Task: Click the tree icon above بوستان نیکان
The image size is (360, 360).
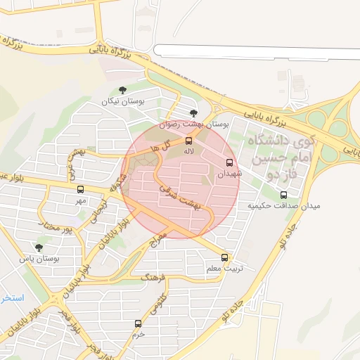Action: tap(123, 90)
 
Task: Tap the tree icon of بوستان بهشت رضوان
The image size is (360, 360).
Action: tap(193, 112)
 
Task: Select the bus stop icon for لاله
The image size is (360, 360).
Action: tap(188, 141)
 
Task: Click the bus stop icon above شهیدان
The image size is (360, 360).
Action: tap(229, 162)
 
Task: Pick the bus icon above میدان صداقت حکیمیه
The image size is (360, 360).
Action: tap(283, 195)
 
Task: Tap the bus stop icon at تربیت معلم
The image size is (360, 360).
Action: tap(225, 257)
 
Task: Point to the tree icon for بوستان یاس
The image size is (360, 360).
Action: tap(39, 247)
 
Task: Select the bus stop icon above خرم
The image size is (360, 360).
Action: tap(138, 323)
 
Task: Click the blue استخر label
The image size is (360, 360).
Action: tap(12, 298)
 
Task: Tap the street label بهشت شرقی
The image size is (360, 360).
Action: tap(180, 197)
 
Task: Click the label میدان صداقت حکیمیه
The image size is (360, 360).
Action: tap(283, 206)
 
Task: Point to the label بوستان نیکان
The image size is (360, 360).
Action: tap(123, 102)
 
